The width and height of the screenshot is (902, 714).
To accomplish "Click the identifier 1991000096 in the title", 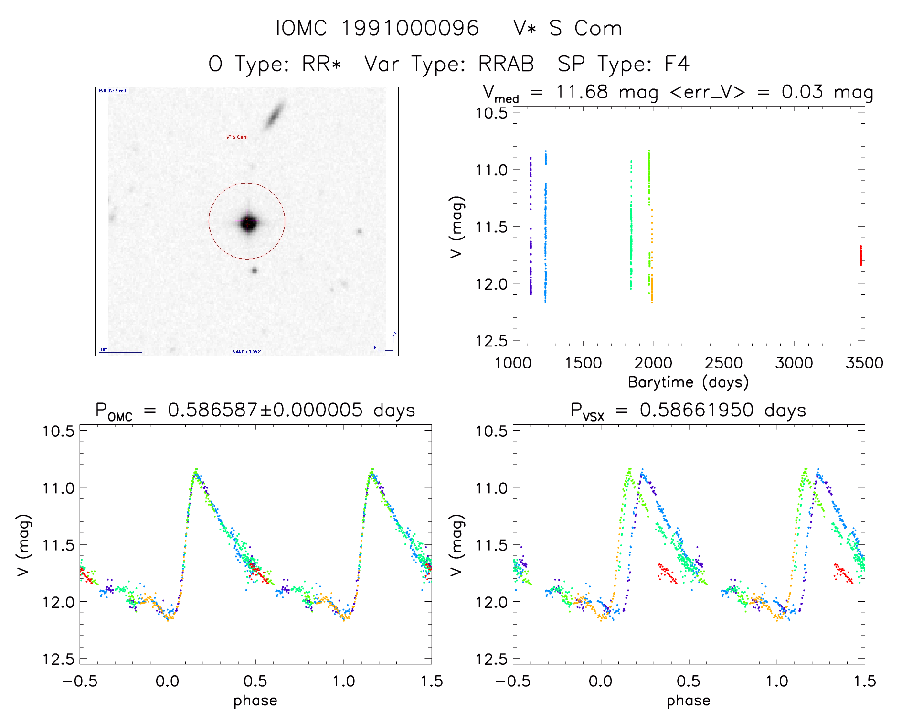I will pyautogui.click(x=410, y=29).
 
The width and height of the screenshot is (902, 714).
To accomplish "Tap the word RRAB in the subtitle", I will pyautogui.click(x=506, y=64).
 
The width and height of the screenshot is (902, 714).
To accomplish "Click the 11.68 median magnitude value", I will pyautogui.click(x=582, y=92).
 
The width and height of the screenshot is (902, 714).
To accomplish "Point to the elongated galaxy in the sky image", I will pyautogui.click(x=275, y=115).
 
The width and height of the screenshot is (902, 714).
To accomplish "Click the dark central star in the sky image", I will pyautogui.click(x=248, y=223).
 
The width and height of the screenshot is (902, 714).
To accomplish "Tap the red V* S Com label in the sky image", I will pyautogui.click(x=237, y=137).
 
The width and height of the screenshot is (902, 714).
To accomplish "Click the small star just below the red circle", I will pyautogui.click(x=255, y=270).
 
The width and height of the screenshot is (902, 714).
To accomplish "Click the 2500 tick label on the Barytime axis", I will pyautogui.click(x=723, y=363).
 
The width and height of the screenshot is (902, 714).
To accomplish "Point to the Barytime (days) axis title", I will pyautogui.click(x=688, y=382).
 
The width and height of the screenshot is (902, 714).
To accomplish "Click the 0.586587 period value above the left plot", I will pyautogui.click(x=212, y=410).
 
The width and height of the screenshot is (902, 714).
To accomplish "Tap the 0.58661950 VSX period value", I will pyautogui.click(x=697, y=410).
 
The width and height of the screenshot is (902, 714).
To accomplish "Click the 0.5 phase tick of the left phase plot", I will pyautogui.click(x=255, y=681).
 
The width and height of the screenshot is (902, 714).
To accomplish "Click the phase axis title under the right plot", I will pyautogui.click(x=688, y=701).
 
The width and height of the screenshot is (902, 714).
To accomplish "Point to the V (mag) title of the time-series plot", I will pyautogui.click(x=456, y=227).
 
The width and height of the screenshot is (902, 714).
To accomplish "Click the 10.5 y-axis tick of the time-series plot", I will pyautogui.click(x=491, y=113).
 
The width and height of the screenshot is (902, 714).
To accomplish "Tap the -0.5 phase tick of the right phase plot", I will pyautogui.click(x=513, y=681).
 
